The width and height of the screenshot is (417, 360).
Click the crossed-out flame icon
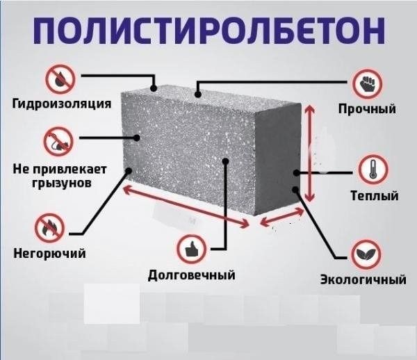53,226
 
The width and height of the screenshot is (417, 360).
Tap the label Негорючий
50,253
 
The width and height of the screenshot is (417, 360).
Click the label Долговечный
192,275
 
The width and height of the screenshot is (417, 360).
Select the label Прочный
367,109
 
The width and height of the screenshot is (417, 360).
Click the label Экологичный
362,280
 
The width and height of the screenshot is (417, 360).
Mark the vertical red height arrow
310,153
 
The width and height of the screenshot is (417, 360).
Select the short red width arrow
282,220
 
